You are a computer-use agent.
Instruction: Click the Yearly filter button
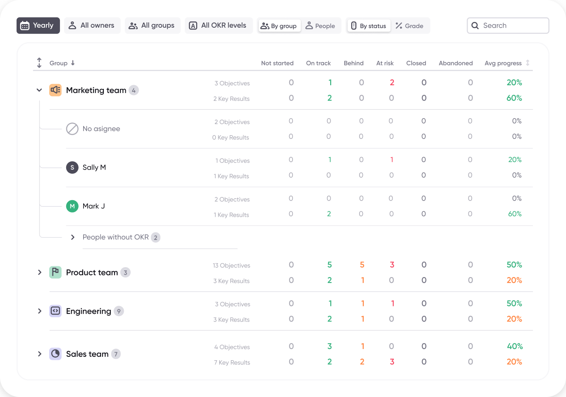38,26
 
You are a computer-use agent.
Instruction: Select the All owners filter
92,26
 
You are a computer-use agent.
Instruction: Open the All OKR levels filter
218,26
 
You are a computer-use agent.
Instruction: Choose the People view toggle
321,26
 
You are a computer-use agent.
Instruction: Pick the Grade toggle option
410,26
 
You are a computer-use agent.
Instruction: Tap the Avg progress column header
503,63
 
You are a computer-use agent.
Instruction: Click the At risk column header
385,63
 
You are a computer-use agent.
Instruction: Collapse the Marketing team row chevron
39,90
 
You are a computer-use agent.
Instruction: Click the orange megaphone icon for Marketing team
55,90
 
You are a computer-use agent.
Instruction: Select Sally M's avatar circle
72,167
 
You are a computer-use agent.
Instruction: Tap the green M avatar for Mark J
72,206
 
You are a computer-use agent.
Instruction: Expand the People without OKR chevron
73,237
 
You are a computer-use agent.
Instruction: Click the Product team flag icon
55,272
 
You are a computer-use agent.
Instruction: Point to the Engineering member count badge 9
119,311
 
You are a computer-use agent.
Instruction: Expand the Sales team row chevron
40,354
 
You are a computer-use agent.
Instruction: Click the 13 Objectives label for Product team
232,265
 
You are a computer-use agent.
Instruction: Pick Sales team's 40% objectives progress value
515,347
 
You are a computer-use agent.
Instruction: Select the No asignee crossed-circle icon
72,129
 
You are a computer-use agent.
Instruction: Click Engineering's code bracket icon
55,311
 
